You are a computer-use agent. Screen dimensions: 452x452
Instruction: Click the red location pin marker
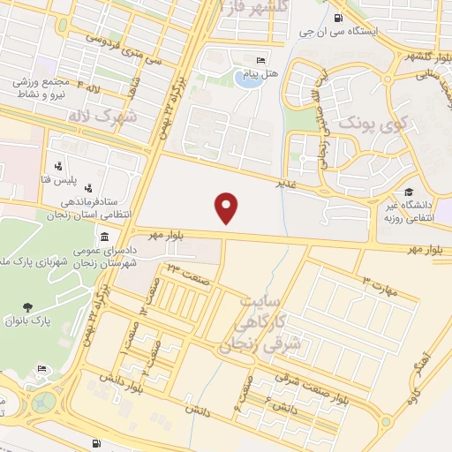click(x=228, y=207)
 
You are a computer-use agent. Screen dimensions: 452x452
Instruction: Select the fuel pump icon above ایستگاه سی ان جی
click(x=339, y=18)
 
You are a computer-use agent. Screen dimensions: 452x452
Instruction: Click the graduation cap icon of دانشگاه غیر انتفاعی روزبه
click(x=408, y=192)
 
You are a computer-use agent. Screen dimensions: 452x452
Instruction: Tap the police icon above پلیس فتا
click(x=58, y=165)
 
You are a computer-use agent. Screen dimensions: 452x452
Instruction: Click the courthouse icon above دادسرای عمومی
click(x=105, y=237)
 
